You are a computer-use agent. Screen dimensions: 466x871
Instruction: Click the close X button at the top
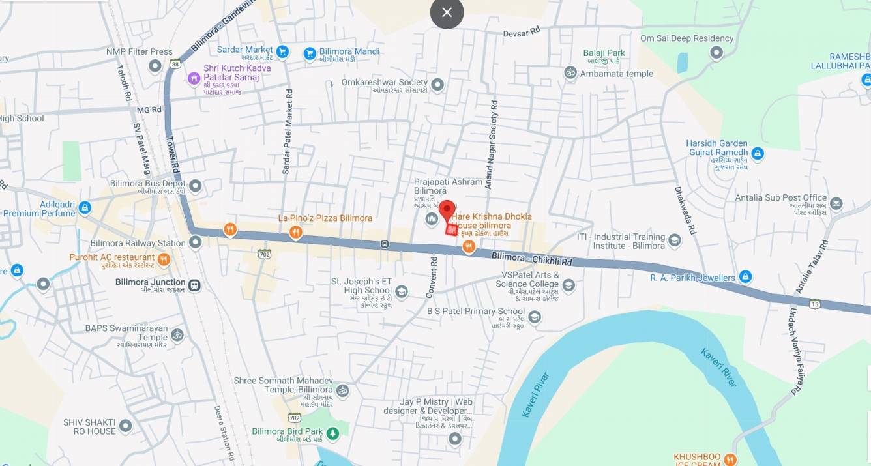tap(447, 12)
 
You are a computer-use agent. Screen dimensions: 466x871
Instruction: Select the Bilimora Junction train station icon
tap(194, 285)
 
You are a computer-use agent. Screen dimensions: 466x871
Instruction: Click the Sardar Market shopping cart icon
tap(282, 51)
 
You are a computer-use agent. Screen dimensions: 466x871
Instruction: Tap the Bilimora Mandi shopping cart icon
tap(310, 53)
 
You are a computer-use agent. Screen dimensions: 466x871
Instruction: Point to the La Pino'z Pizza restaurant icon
tap(296, 232)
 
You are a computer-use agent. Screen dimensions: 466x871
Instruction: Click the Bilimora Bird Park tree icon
tap(332, 433)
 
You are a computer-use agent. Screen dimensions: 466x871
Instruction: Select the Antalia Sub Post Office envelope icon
tap(836, 204)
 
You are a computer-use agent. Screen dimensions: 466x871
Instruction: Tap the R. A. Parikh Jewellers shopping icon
tap(746, 278)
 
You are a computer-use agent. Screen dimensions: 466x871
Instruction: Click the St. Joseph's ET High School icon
tap(402, 291)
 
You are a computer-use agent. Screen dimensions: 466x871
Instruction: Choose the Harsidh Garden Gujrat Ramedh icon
tap(757, 154)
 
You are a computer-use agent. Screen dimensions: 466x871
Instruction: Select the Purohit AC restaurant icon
tap(164, 259)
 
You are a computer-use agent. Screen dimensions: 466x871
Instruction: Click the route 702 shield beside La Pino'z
tap(264, 253)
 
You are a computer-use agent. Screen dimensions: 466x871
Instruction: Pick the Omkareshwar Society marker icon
tap(437, 85)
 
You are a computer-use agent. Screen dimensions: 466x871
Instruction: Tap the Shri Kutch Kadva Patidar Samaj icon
tap(194, 79)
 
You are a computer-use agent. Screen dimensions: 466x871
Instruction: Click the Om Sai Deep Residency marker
tap(716, 53)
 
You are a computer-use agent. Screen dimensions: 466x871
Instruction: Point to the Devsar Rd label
tap(522, 32)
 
